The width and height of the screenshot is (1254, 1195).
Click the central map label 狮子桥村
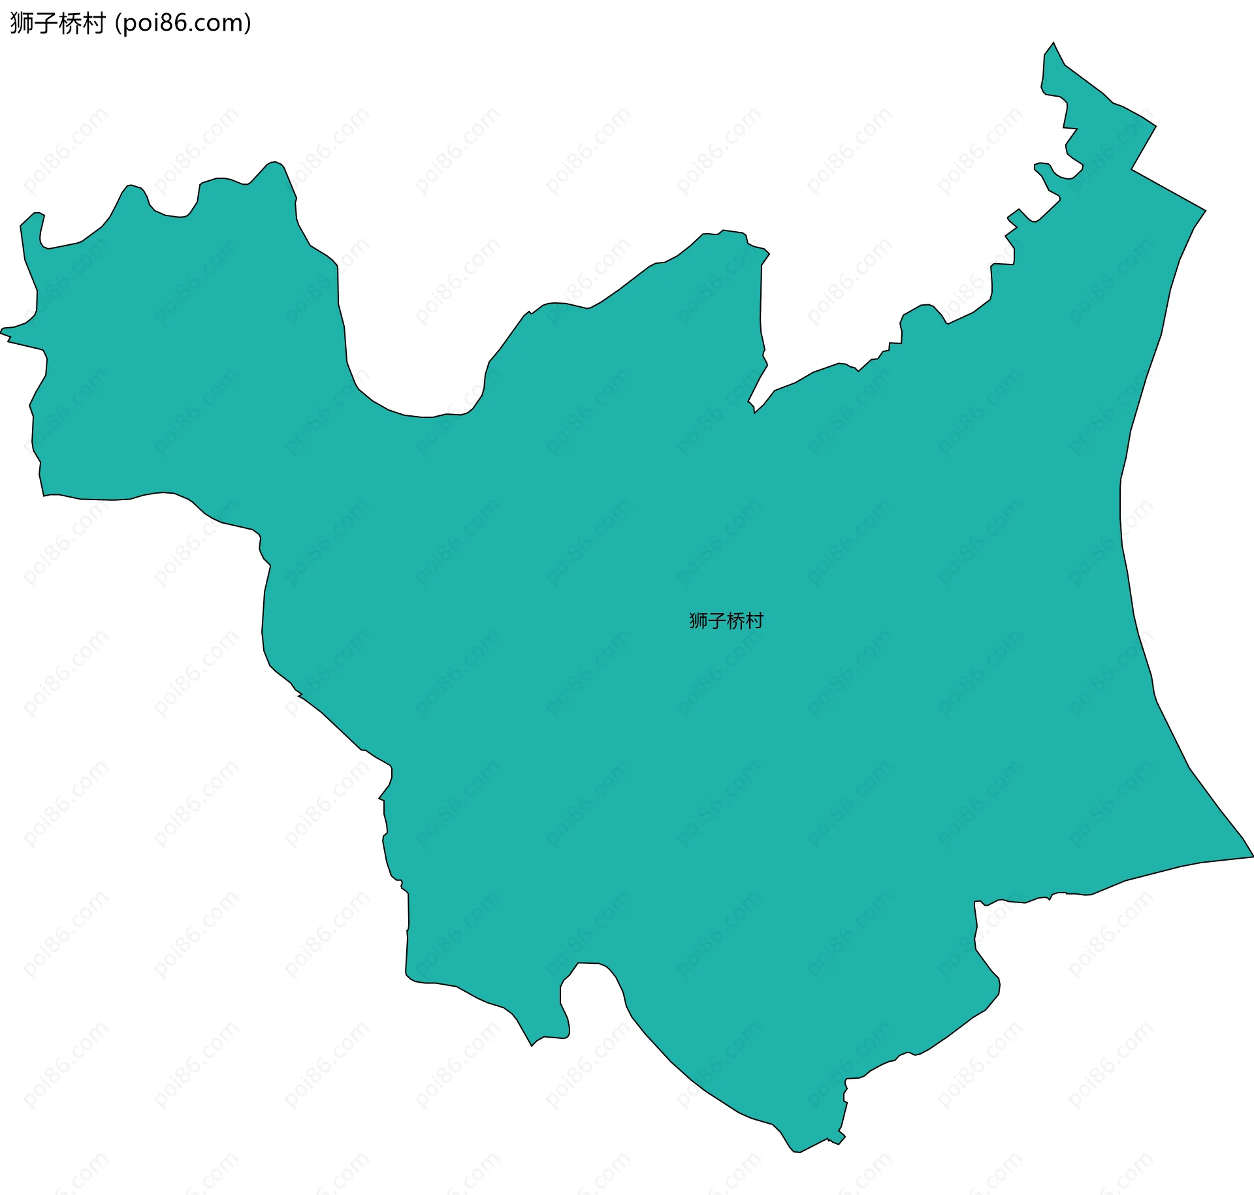pos(726,620)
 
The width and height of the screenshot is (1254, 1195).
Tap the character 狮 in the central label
pos(698,620)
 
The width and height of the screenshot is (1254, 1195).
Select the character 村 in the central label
pos(754,620)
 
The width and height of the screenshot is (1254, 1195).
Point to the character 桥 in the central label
pos(735,620)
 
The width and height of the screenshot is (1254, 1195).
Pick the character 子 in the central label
pos(716,620)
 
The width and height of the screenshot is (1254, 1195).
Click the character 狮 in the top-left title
pos(22,24)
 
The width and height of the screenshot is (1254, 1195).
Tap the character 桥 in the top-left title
pos(70,24)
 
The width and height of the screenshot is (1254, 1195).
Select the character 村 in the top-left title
pos(94,24)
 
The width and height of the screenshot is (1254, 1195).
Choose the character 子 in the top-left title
pos(46,24)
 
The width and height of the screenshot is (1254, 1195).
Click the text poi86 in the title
pos(157,24)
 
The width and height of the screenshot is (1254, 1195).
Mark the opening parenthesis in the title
pos(118,24)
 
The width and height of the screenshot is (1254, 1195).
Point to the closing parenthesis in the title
pos(248,24)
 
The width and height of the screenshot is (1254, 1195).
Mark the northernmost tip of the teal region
pos(1053,43)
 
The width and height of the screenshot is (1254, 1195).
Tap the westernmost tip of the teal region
pos(1,332)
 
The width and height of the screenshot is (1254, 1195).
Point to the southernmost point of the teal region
pos(796,1152)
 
